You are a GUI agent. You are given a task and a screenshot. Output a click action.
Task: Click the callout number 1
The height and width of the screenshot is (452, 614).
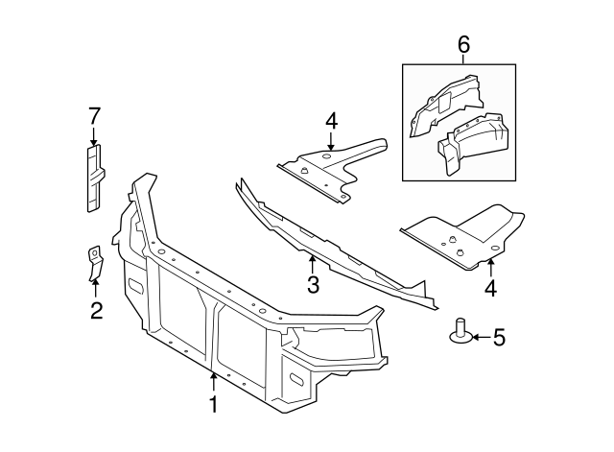click(213, 405)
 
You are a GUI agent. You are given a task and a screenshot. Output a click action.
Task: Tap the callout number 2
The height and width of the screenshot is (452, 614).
click(96, 310)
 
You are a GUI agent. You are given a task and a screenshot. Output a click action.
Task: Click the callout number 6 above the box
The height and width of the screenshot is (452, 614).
click(463, 44)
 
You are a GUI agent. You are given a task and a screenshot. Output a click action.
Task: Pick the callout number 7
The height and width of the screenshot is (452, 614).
click(94, 117)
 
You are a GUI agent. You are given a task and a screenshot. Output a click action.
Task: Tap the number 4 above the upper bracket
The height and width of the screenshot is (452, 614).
click(330, 121)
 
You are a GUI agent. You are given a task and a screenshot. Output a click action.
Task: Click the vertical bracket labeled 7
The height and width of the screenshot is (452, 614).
click(94, 178)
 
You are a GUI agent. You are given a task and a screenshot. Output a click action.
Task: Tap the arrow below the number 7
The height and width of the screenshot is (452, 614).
click(94, 137)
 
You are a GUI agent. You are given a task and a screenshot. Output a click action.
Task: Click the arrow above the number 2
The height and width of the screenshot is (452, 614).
click(95, 288)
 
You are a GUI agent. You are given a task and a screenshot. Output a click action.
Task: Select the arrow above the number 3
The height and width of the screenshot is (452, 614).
click(311, 262)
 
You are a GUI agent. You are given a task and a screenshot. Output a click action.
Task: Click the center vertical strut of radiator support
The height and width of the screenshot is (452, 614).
click(211, 336)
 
